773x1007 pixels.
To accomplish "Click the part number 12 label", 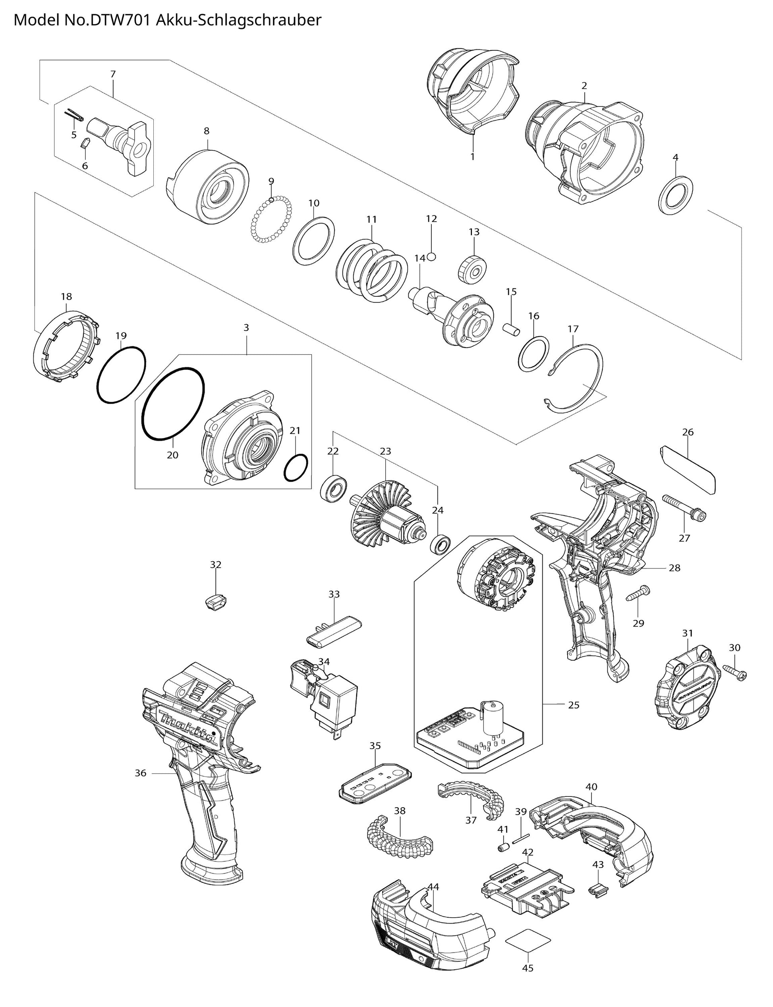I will [431, 219].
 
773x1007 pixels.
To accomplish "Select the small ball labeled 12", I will [431, 256].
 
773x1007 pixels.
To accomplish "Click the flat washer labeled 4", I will [676, 195].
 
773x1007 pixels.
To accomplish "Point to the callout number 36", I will [140, 773].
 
